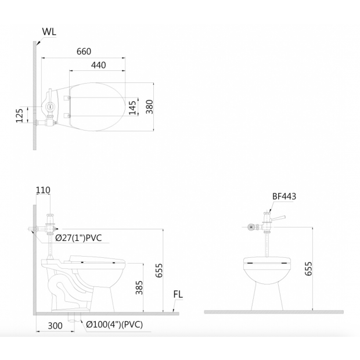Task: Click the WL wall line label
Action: [49, 32]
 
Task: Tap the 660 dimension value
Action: [84, 52]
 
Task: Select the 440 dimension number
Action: [99, 65]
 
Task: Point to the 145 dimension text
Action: [132, 107]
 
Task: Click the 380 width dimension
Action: [150, 106]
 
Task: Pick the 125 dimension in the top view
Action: [20, 116]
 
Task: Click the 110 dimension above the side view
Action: [43, 190]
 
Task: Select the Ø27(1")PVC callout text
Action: [78, 238]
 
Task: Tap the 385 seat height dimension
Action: [139, 287]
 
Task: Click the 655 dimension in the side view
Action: [159, 271]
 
